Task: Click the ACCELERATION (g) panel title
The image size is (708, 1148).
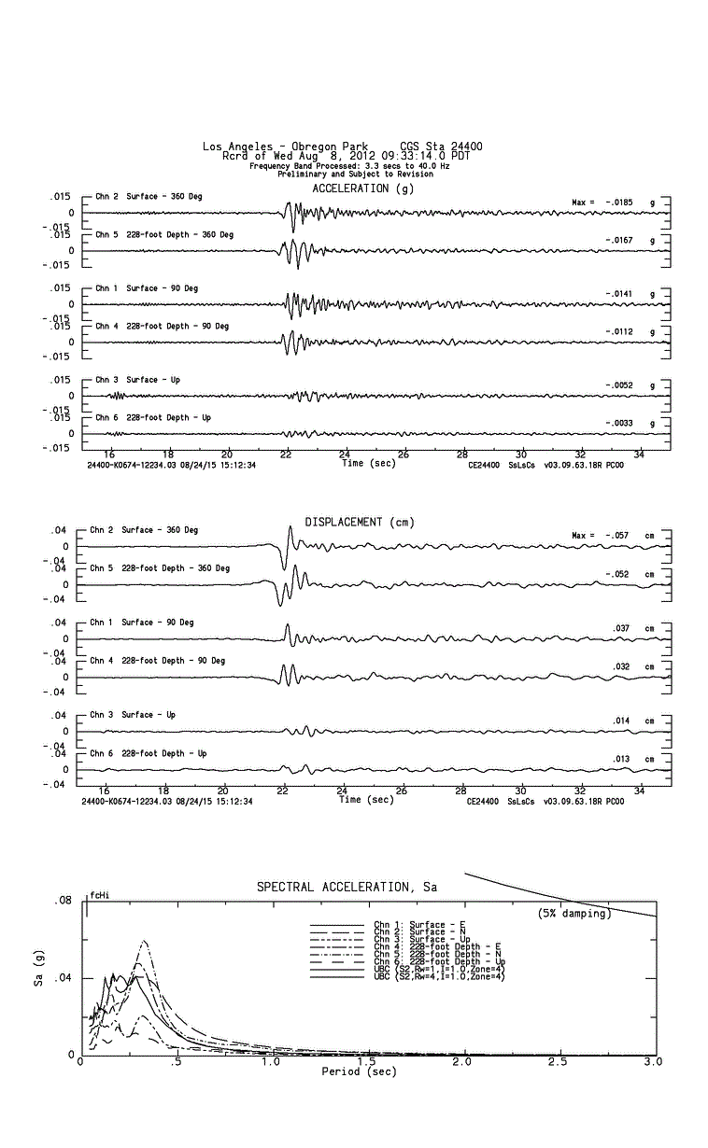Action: pyautogui.click(x=363, y=189)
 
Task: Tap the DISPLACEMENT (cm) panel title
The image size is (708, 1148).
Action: pyautogui.click(x=360, y=522)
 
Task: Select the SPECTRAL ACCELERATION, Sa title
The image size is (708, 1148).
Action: pyautogui.click(x=347, y=887)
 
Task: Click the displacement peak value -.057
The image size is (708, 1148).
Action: pyautogui.click(x=614, y=536)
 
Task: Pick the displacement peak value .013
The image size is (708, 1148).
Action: pyautogui.click(x=620, y=759)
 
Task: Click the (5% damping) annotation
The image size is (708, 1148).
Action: pyautogui.click(x=574, y=914)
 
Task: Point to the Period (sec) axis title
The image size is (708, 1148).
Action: pyautogui.click(x=359, y=1071)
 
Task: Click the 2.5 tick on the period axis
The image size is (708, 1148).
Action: pyautogui.click(x=559, y=1062)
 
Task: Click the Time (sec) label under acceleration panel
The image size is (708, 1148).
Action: pyautogui.click(x=368, y=463)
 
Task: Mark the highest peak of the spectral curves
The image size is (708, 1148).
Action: pyautogui.click(x=145, y=941)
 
